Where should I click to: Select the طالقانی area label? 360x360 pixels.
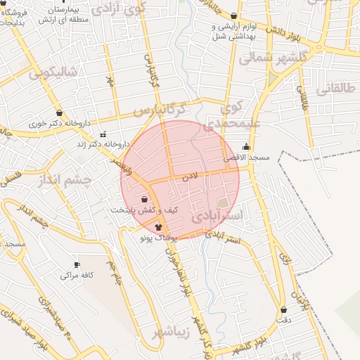[337, 89]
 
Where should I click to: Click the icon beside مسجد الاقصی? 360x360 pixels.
[245, 146]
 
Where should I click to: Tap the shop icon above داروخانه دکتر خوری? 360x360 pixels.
[58, 112]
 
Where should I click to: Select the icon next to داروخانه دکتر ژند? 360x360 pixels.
[103, 134]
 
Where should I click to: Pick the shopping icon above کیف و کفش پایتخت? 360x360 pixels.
[144, 200]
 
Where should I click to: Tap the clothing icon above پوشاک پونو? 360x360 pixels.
[157, 227]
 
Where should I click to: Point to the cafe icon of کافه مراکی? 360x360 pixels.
[77, 265]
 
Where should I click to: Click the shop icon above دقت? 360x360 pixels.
[284, 309]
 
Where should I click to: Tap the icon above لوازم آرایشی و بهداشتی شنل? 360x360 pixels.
[234, 15]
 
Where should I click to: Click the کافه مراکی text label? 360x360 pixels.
[77, 276]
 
